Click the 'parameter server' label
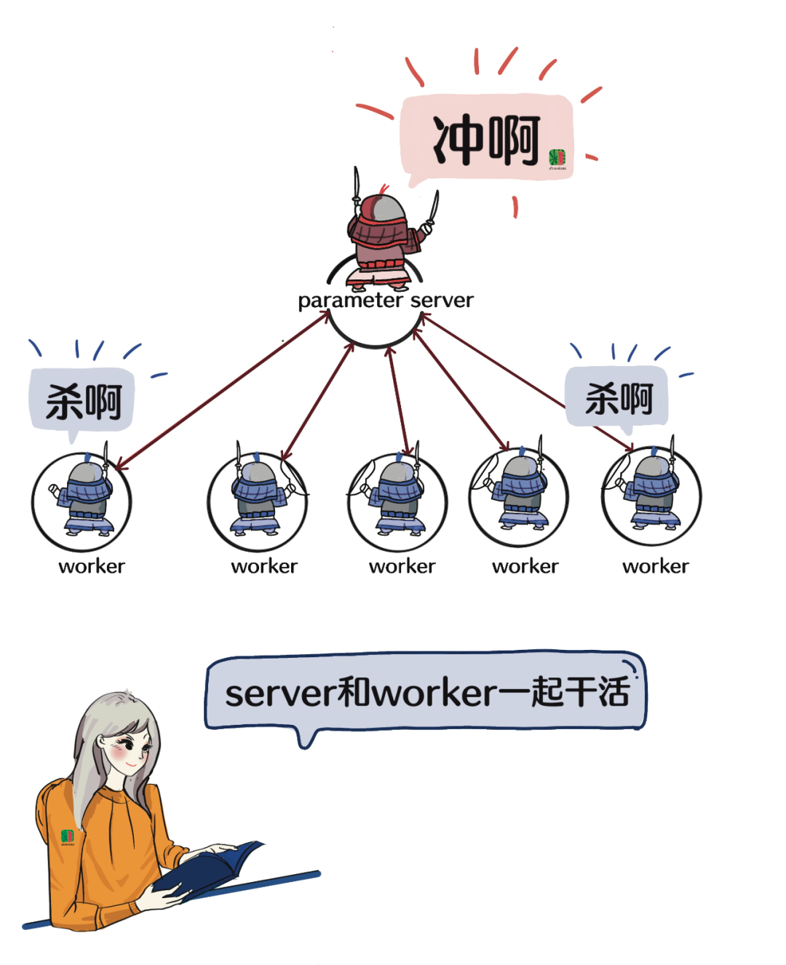[385, 300]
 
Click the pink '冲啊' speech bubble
[486, 138]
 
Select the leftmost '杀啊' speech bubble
[82, 400]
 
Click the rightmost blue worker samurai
[652, 493]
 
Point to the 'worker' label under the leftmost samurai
[92, 566]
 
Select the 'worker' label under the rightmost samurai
[655, 566]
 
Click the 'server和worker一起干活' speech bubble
[426, 691]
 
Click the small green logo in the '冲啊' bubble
[557, 158]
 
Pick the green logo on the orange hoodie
[68, 836]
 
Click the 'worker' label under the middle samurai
[402, 566]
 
